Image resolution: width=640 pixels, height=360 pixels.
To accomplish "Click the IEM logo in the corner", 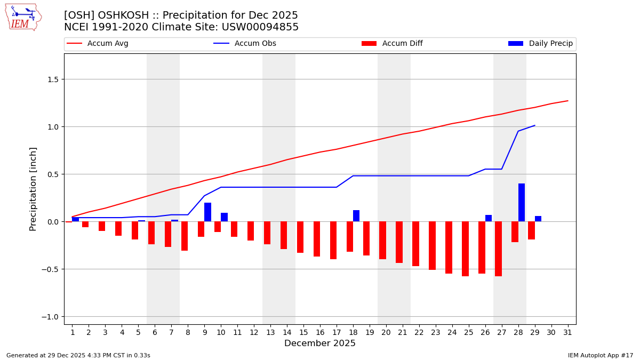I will click(23, 17).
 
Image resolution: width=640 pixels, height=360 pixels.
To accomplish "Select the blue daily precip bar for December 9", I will click(207, 212).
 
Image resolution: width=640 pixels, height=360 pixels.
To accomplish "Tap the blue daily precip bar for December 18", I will click(356, 216).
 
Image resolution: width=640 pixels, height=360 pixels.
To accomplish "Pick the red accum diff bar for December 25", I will click(465, 249).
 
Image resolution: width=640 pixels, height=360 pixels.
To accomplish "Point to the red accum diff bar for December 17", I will click(333, 240).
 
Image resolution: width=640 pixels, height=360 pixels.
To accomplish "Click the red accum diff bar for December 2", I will click(85, 225).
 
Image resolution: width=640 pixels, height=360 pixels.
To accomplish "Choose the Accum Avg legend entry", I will click(98, 44).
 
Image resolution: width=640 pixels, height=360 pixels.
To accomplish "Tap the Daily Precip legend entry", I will click(541, 44).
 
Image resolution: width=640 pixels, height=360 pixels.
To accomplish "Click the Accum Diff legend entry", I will click(392, 44).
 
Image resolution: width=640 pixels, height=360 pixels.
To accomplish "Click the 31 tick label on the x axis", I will click(567, 332).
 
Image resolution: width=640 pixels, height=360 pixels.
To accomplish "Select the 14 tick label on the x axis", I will click(287, 332).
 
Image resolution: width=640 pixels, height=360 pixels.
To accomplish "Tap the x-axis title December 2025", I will click(320, 343).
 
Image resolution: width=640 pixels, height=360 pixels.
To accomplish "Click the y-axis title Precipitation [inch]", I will click(33, 189).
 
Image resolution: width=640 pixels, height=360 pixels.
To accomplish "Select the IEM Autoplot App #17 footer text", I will click(601, 355).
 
